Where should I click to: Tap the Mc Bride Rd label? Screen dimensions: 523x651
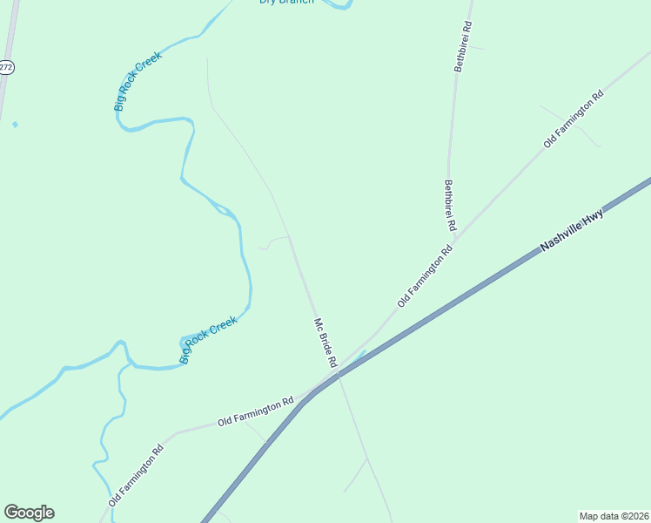coord(325,342)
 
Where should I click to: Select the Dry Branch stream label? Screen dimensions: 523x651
coord(286,2)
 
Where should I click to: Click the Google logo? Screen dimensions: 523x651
coord(29,513)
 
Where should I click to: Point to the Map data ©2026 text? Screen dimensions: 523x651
coord(614,516)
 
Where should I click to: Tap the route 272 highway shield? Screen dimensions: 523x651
coord(6,67)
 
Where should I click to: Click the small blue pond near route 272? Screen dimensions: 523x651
coord(15,125)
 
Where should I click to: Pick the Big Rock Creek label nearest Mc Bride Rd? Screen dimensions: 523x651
coord(208,341)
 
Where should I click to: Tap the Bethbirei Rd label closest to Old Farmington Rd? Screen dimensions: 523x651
coord(450,206)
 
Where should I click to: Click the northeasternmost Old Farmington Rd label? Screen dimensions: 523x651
coord(574,119)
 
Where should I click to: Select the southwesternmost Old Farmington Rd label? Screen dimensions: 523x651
coord(136,477)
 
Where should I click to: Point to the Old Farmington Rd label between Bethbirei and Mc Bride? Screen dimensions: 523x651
coord(426,275)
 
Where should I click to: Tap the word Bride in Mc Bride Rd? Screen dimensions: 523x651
coord(325,340)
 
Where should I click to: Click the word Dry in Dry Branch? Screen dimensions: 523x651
coord(268,2)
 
